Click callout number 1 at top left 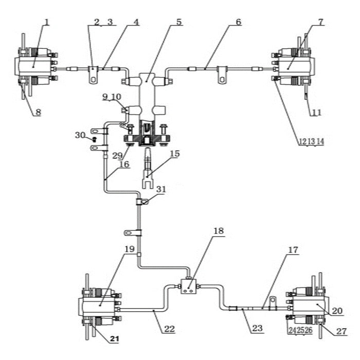click(x=47, y=22)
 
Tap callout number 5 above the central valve click(x=178, y=22)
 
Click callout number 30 click(x=79, y=135)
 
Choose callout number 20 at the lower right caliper click(x=337, y=311)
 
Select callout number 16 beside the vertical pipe click(x=123, y=164)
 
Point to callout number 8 click(x=38, y=112)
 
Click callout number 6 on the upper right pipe click(x=238, y=22)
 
